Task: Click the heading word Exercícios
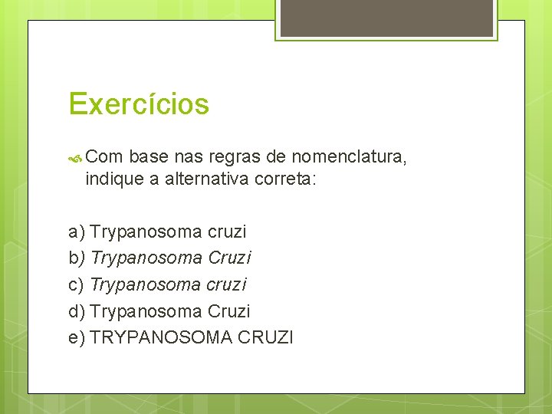point(138,103)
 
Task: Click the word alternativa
point(202,180)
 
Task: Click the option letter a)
point(77,232)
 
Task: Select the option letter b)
point(77,258)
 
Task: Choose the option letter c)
point(77,285)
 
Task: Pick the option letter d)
point(77,312)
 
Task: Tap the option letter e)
point(77,338)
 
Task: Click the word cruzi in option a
point(227,232)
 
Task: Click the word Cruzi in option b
point(229,258)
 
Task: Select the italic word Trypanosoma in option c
point(146,285)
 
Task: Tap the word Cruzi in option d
point(229,312)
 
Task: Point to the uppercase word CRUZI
point(265,338)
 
